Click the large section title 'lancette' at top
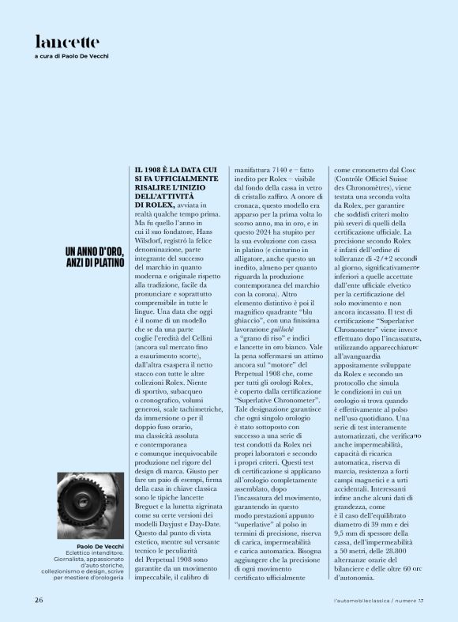(x=67, y=41)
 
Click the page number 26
(x=39, y=600)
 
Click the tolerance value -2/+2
(x=382, y=258)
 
